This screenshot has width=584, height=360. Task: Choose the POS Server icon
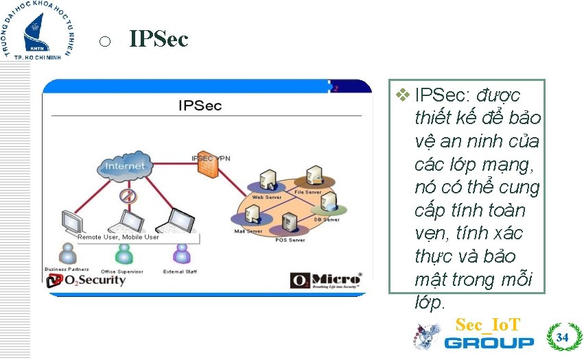click(288, 223)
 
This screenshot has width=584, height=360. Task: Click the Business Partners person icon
click(67, 254)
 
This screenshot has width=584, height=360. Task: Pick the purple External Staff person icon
click(180, 254)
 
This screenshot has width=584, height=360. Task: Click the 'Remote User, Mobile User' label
click(118, 237)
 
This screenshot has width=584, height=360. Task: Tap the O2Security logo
click(86, 280)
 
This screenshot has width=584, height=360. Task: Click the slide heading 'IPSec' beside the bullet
click(159, 40)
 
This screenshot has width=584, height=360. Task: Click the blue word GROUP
click(489, 342)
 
